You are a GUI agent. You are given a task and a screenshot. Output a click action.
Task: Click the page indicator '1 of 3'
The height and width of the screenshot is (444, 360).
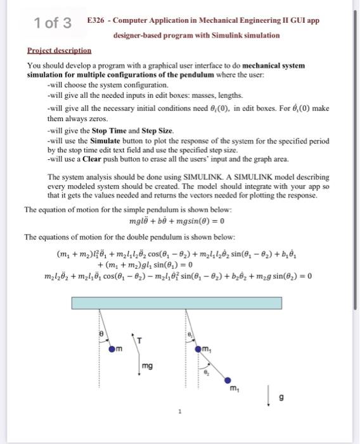click(x=54, y=23)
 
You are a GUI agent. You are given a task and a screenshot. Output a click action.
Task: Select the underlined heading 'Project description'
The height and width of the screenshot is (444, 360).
click(x=59, y=50)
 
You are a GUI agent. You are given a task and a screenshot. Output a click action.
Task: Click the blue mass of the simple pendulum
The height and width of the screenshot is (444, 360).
click(x=113, y=348)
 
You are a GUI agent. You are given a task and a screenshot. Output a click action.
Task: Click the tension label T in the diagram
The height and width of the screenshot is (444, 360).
click(x=147, y=340)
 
